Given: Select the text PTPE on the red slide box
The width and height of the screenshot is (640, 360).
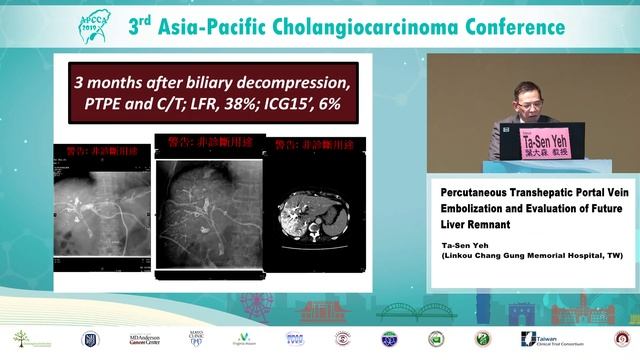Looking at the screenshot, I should [x=106, y=102].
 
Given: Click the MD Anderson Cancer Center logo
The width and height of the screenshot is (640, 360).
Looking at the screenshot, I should [x=144, y=339].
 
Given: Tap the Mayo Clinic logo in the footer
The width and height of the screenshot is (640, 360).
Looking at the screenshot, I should [x=196, y=339].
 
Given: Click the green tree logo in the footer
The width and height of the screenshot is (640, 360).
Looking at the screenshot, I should [x=21, y=339].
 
